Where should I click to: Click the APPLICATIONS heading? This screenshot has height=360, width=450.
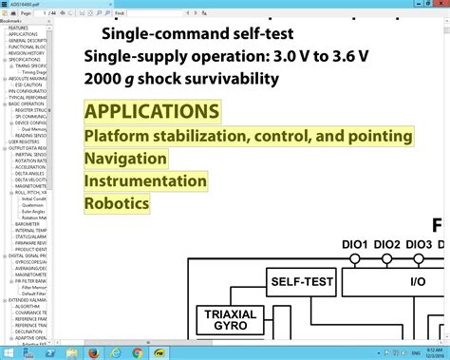pyautogui.click(x=152, y=111)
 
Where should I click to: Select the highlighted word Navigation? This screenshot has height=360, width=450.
pyautogui.click(x=125, y=159)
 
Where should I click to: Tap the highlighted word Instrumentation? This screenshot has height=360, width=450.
pyautogui.click(x=145, y=180)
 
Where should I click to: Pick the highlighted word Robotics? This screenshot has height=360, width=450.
pyautogui.click(x=117, y=202)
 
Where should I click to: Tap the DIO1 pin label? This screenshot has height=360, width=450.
pyautogui.click(x=355, y=244)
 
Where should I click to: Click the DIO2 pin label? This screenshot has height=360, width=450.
pyautogui.click(x=387, y=244)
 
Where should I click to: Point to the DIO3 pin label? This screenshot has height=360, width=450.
pyautogui.click(x=419, y=244)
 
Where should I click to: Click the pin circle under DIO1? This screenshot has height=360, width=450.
pyautogui.click(x=355, y=257)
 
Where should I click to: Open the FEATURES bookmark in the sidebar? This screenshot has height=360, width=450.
pyautogui.click(x=18, y=28)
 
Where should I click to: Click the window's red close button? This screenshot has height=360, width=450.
pyautogui.click(x=434, y=4)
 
